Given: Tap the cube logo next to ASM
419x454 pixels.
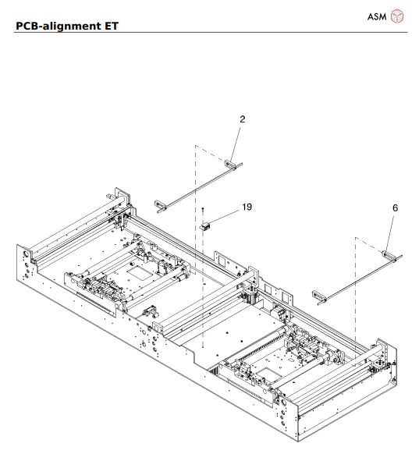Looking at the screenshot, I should coord(399,16).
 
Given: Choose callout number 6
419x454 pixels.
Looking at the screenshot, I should coord(394,208).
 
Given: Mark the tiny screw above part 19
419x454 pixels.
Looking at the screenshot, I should coord(202,211).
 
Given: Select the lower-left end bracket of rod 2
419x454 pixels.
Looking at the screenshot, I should coord(162,204).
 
